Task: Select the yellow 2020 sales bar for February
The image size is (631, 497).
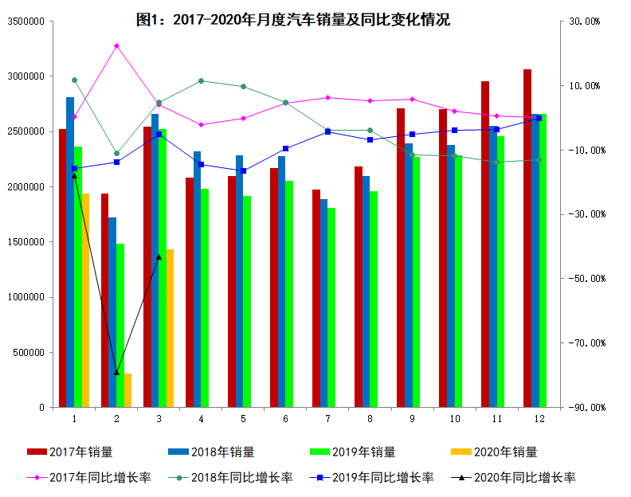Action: [127, 390]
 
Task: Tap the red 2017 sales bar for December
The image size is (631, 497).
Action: [527, 239]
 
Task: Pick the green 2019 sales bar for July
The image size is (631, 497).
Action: [331, 307]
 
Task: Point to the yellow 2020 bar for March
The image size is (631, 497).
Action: [170, 328]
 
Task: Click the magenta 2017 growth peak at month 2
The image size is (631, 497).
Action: [116, 45]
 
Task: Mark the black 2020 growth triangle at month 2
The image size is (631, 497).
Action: [116, 372]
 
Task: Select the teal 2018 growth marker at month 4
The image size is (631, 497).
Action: [201, 80]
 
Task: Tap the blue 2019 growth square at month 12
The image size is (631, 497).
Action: [539, 118]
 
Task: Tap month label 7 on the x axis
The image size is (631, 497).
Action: [327, 418]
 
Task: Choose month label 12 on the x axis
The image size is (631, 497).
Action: [539, 418]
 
